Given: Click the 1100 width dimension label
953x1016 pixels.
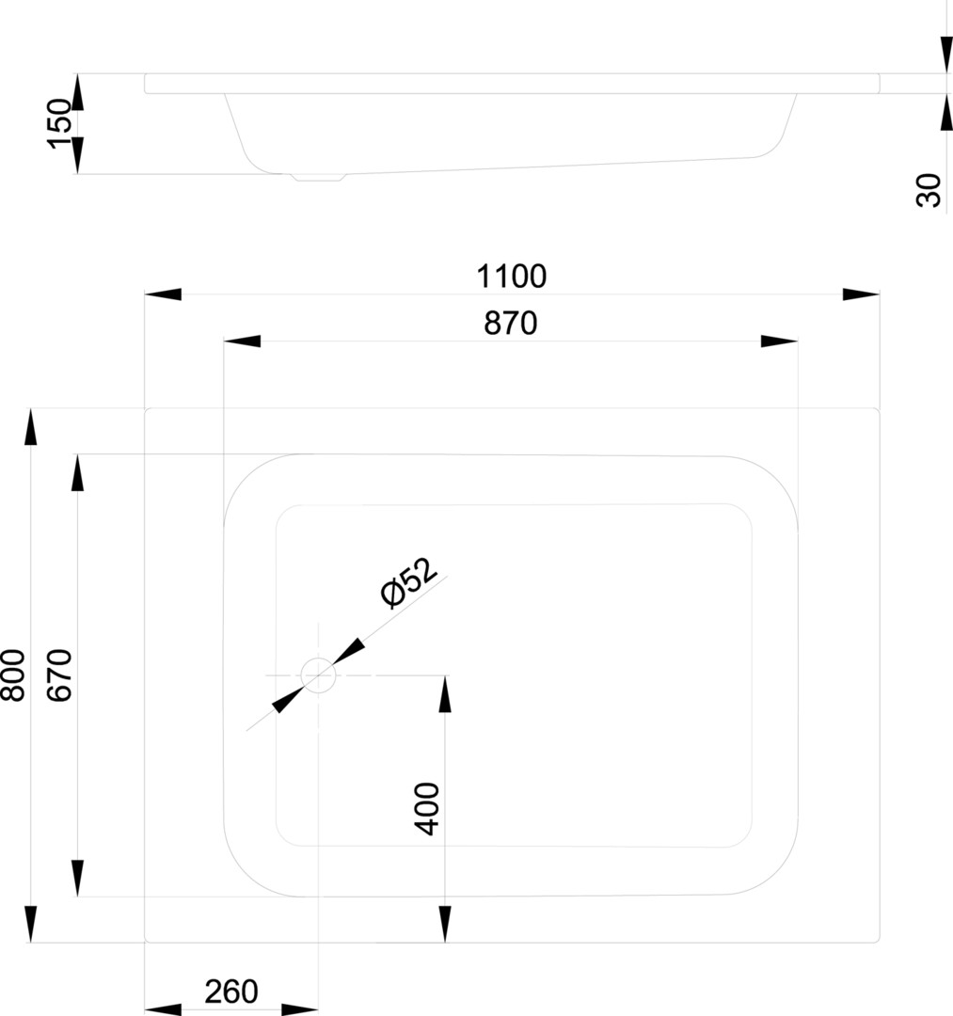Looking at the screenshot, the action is click(x=511, y=277).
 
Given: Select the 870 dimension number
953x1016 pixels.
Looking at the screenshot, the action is click(x=511, y=324).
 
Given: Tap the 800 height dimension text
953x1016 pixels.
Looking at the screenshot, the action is click(x=13, y=675).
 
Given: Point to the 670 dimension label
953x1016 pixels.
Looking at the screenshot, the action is click(x=60, y=675).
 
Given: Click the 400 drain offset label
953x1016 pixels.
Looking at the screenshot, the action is click(x=427, y=809).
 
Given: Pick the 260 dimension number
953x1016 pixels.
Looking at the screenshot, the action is click(x=231, y=992).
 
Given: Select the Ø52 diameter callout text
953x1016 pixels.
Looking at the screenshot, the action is click(x=409, y=582).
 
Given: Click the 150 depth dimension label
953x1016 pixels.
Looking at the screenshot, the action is click(x=59, y=124).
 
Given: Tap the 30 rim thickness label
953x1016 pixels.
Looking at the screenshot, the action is click(x=929, y=190).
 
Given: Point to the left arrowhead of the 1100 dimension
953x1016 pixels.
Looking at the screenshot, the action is click(x=163, y=294).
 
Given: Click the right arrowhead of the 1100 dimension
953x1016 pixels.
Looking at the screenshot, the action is click(x=861, y=294).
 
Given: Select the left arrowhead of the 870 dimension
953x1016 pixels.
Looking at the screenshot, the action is click(x=243, y=341).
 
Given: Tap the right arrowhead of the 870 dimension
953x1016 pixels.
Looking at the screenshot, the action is click(x=779, y=341).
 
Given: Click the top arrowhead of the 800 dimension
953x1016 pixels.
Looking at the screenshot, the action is click(x=30, y=427).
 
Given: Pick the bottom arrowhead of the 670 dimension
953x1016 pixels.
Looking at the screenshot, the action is click(x=78, y=879).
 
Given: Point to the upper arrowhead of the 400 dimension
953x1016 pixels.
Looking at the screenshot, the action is click(x=445, y=694).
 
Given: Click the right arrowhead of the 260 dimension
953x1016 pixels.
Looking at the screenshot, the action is click(x=300, y=1009).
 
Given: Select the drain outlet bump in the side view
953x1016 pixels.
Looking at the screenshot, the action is click(x=318, y=177).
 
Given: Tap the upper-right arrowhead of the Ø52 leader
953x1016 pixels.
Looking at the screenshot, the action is click(x=348, y=651).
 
